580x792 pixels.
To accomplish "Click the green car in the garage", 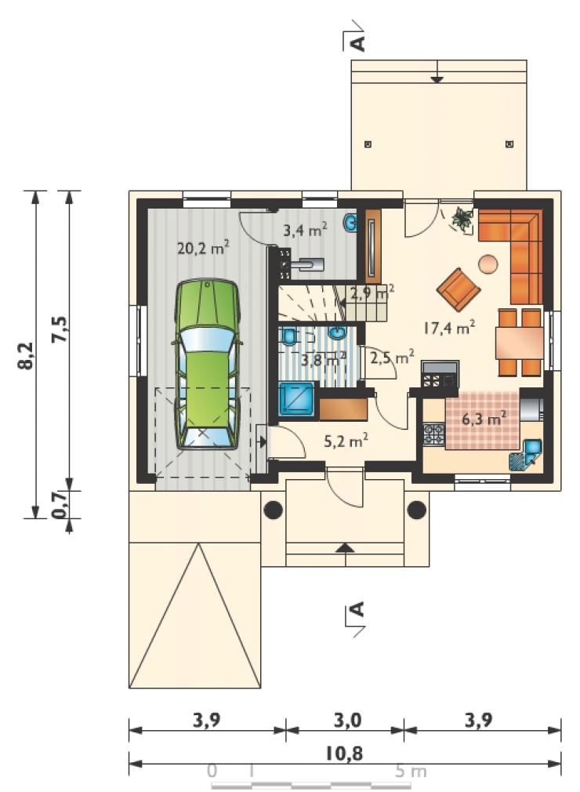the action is tap(207, 364).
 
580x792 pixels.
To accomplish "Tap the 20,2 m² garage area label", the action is tap(204, 248).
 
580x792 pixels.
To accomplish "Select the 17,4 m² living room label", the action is tap(449, 329).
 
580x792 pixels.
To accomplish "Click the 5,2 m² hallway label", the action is tap(346, 441).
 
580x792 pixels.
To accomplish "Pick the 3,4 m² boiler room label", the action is tap(305, 230).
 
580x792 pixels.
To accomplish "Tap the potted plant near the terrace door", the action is tap(462, 219).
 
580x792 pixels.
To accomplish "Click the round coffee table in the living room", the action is tap(488, 264).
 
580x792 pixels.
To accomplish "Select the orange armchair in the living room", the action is tap(459, 289).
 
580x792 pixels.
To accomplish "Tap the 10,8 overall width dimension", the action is tap(344, 754).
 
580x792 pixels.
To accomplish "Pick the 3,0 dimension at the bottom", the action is tap(347, 720).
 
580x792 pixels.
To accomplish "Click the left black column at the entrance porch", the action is tap(273, 510).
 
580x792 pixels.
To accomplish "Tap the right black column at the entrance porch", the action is tap(416, 510).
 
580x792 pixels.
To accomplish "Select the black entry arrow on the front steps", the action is tap(346, 547).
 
